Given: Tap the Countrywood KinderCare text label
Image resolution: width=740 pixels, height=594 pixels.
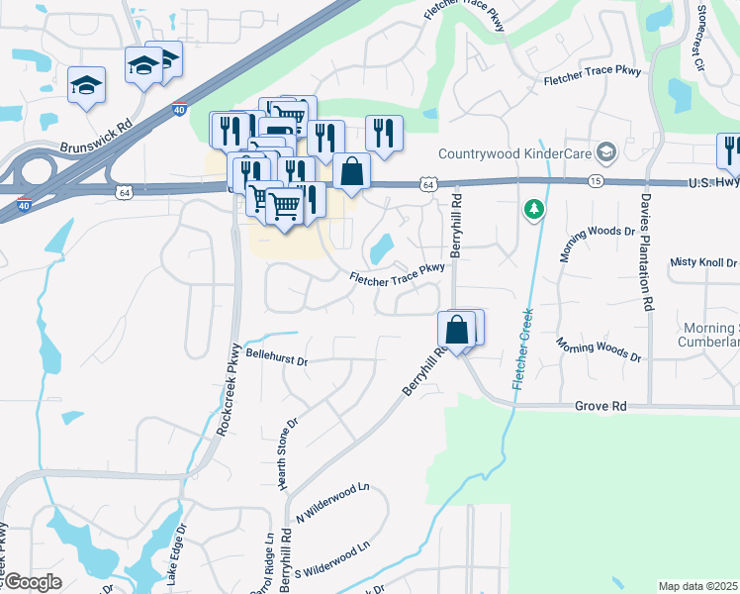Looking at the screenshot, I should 514,153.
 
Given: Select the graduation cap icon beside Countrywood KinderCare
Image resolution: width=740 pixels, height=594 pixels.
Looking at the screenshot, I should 605,152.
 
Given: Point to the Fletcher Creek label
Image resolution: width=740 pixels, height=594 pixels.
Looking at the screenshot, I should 521,348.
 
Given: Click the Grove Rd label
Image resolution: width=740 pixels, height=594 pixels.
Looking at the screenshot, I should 601,406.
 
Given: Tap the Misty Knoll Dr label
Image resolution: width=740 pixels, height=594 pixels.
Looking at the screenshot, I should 703,262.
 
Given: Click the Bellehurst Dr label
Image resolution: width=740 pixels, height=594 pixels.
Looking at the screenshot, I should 277,354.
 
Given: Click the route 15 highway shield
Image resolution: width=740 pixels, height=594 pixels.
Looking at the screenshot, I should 595,182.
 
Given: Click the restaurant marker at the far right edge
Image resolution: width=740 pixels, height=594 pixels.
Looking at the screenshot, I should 729,149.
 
